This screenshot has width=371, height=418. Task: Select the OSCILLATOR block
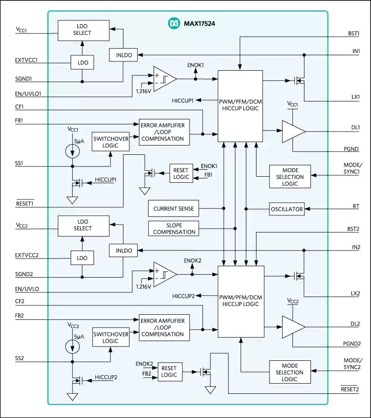click(x=287, y=209)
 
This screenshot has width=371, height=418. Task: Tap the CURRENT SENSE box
click(x=173, y=209)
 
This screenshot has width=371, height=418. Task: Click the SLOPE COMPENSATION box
click(x=173, y=228)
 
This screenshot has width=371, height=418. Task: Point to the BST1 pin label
click(x=354, y=33)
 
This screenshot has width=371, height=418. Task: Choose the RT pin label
click(x=356, y=205)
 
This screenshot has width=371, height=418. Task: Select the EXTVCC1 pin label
click(x=26, y=60)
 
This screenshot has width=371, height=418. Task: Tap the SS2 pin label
click(x=20, y=358)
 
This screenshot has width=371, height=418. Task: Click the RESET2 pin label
click(x=350, y=389)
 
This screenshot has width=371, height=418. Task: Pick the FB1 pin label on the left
click(x=20, y=121)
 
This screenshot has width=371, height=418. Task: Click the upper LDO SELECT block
click(x=82, y=30)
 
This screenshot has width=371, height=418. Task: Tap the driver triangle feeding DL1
click(x=292, y=131)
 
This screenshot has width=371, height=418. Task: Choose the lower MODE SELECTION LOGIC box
click(x=290, y=372)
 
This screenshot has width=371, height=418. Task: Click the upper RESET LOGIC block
click(x=181, y=173)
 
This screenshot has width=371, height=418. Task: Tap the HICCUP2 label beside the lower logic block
click(x=186, y=296)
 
